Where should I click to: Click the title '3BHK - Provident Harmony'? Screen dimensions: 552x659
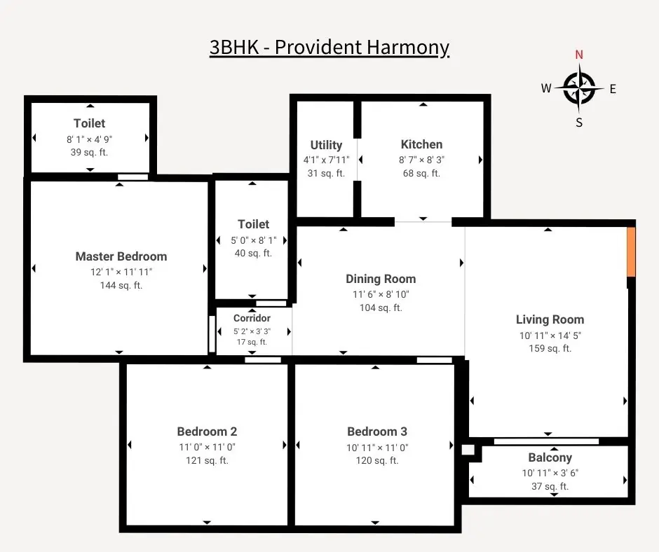329,48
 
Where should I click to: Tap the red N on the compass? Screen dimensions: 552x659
579,55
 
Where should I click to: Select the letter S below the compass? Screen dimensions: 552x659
579,123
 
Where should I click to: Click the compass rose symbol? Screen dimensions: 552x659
579,88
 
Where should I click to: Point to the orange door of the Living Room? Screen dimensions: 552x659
630,251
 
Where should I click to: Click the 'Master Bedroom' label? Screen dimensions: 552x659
121,256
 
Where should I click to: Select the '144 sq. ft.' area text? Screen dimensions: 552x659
121,285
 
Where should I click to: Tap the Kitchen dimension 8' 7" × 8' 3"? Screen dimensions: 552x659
421,160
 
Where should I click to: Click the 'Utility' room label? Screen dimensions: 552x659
326,145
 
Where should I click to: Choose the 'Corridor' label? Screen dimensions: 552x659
252,318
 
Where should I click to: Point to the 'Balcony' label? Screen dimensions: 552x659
550,457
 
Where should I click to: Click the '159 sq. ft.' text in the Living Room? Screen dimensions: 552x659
550,348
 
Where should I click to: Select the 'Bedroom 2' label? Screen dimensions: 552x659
207,432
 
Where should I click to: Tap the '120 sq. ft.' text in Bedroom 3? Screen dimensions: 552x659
377,460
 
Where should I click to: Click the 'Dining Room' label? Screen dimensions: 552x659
381,279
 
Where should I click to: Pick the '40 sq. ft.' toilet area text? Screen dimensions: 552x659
253,253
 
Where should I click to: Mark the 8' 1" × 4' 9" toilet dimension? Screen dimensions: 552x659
89,139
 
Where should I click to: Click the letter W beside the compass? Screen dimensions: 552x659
546,88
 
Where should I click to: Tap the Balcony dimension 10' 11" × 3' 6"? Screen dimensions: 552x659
550,473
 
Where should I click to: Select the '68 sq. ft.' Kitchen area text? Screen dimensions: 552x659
421,173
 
